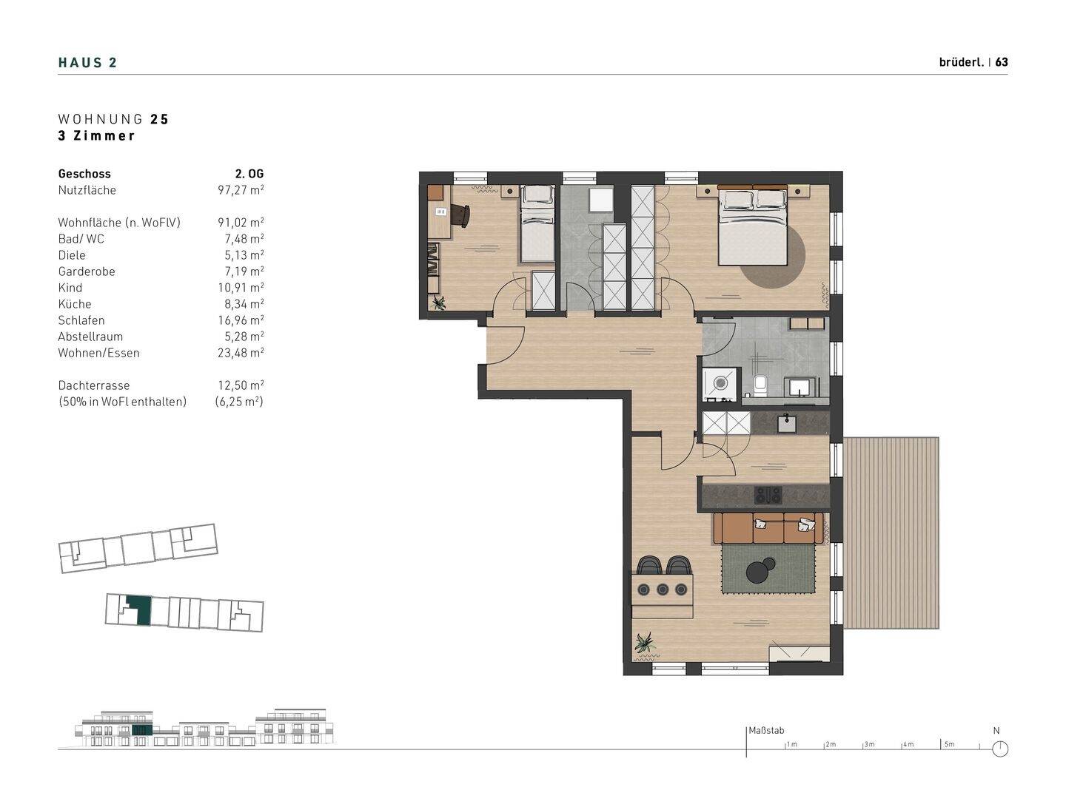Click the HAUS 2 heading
coord(87,63)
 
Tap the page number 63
coord(1002,62)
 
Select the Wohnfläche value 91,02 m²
coord(241,223)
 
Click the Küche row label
coord(74,304)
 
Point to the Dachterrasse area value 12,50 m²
coord(241,385)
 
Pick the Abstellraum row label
coord(90,337)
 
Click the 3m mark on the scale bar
coord(869,744)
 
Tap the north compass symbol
coord(1000,749)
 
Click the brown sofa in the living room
coord(768,528)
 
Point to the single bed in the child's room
coord(537,224)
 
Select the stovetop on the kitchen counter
coord(768,495)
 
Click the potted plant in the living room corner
coord(645,644)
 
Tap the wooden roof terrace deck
coord(891,533)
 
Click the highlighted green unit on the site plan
coord(138,609)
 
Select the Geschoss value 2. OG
coord(249,174)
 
